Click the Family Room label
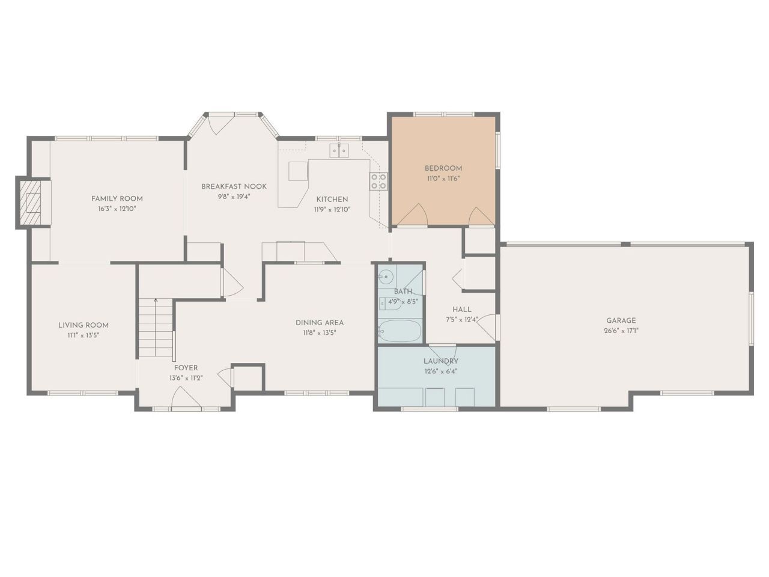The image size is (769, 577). (117, 198)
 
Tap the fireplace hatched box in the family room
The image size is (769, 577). (30, 201)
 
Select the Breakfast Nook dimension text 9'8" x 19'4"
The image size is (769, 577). (234, 197)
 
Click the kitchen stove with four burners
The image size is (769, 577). (378, 181)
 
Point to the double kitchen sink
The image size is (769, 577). (339, 150)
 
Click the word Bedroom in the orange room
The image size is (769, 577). (443, 168)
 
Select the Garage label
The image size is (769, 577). (621, 320)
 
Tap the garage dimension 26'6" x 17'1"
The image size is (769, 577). (621, 331)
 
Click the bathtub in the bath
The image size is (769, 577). (400, 331)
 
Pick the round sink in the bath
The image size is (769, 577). (386, 277)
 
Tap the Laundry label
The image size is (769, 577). (440, 361)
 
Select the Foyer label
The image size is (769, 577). (186, 368)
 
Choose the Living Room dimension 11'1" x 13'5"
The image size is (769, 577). (84, 335)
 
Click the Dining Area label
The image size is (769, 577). (320, 323)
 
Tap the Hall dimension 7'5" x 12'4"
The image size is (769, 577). (461, 320)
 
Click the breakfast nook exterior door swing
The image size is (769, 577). (217, 125)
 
